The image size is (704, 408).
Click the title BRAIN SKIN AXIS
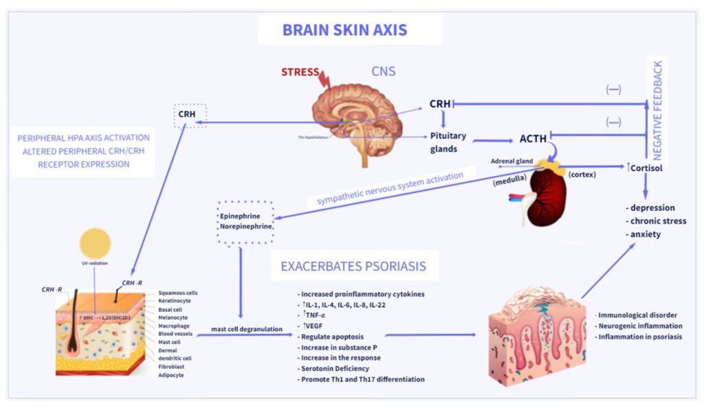(x=344, y=30)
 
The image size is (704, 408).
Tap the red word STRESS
(x=300, y=71)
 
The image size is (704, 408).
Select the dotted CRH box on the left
(x=186, y=115)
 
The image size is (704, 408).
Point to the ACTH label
(x=533, y=139)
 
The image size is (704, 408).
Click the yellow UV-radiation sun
(x=95, y=244)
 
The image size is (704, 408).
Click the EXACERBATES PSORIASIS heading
(x=353, y=266)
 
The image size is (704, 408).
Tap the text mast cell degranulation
(x=245, y=329)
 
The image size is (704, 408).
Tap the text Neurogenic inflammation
(x=639, y=326)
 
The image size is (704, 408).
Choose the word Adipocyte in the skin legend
(x=172, y=376)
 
